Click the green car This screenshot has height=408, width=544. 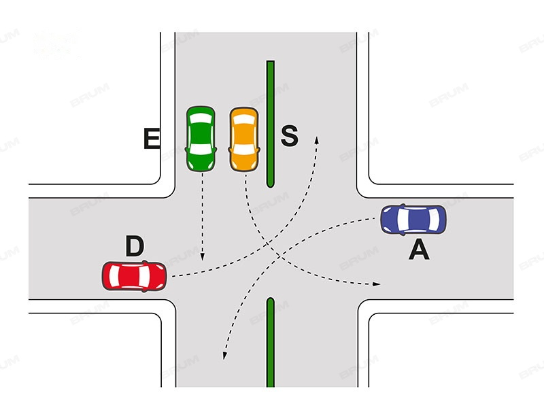[201, 139]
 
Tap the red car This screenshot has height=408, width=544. [135, 276]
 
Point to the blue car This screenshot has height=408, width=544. [413, 219]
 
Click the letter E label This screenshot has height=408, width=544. [152, 139]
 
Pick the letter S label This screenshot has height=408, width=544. [290, 136]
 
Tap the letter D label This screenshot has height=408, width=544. [135, 247]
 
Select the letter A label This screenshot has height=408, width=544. [419, 251]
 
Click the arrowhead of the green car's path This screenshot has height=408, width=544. [202, 259]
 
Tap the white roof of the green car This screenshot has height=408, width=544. [201, 136]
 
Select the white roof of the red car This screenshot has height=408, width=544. [134, 276]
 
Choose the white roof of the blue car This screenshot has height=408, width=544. [414, 219]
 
